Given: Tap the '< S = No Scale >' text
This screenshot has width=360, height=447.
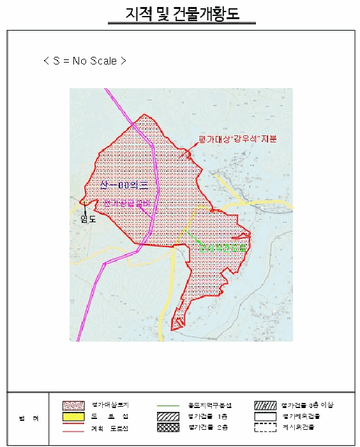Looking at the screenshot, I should pos(84,61).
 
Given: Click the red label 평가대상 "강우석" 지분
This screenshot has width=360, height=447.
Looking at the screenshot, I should pos(228,139).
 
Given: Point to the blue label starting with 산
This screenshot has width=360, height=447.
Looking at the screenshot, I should pos(124,186).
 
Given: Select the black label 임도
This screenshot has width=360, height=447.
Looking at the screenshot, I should pos(87,218).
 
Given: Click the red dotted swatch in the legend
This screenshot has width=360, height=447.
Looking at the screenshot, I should pos(73,405).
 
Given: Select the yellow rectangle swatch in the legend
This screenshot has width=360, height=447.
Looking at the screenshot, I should pos(73,416).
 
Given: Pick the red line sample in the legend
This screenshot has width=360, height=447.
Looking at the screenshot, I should pos(73,428).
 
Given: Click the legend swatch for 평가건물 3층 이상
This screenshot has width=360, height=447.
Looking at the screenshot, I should pos(263,405).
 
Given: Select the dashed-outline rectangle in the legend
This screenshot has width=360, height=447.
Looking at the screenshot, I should pos(263,427).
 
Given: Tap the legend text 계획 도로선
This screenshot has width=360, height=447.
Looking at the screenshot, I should pos(107,428).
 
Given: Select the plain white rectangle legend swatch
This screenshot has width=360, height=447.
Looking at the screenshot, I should pos(263,416).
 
